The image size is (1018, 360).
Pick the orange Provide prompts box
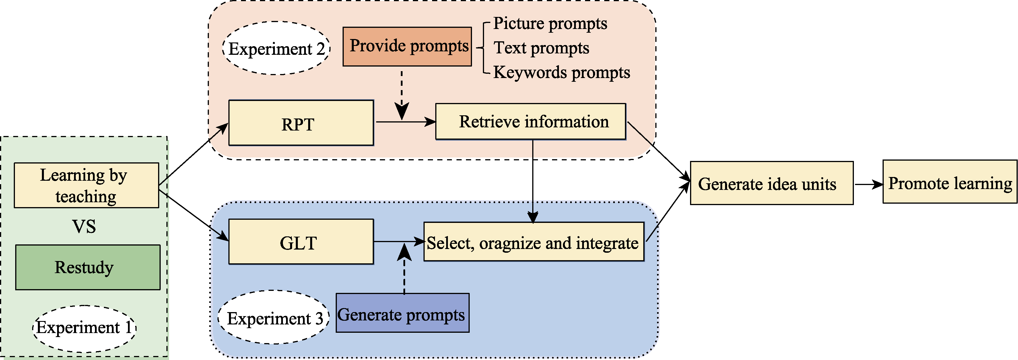pyautogui.click(x=407, y=46)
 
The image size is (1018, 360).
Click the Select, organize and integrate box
pyautogui.click(x=533, y=242)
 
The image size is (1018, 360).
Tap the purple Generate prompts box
pyautogui.click(x=402, y=313)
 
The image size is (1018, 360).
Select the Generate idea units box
pyautogui.click(x=772, y=183)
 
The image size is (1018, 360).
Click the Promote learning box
pyautogui.click(x=950, y=182)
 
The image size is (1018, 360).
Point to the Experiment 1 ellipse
pyautogui.click(x=84, y=328)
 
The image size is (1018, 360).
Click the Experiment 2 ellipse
pyautogui.click(x=276, y=48)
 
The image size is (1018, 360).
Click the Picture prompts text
pyautogui.click(x=550, y=24)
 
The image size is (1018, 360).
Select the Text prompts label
pyautogui.click(x=541, y=48)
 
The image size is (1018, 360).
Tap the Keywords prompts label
pyautogui.click(x=561, y=73)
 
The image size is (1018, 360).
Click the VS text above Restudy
pyautogui.click(x=84, y=226)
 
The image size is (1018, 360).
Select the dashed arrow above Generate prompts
pyautogui.click(x=404, y=269)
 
